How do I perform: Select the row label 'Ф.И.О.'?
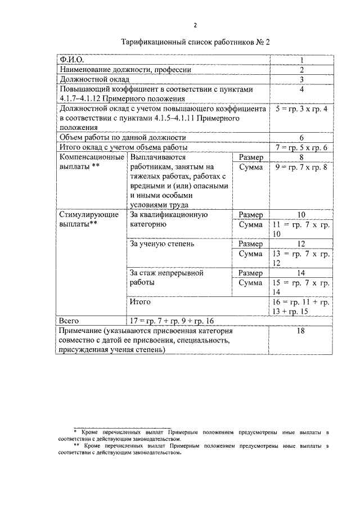click(71, 60)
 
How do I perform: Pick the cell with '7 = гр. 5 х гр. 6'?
click(301, 147)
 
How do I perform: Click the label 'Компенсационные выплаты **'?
click(91, 163)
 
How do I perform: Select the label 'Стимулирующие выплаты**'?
click(89, 219)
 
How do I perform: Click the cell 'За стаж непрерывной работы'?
click(166, 278)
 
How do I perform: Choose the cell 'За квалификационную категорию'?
click(169, 219)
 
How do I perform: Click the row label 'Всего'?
click(69, 321)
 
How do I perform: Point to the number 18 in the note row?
click(301, 331)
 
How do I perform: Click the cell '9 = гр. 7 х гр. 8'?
click(301, 168)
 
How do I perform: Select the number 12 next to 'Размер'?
click(301, 244)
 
